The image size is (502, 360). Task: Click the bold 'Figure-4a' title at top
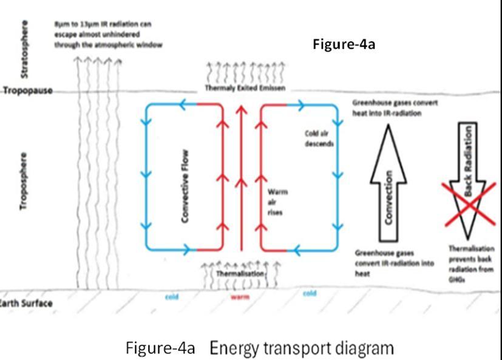(344, 44)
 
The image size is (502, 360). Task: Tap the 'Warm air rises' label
(278, 202)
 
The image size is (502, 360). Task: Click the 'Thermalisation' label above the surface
(241, 274)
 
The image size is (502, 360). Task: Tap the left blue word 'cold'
(172, 297)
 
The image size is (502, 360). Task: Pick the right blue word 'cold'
(310, 294)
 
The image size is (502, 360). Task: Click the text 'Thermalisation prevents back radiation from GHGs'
(472, 261)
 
